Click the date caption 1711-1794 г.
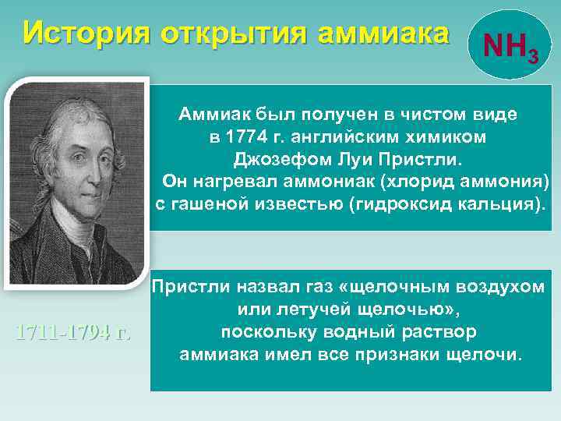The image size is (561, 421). pos(73,333)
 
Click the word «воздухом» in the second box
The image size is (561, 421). pos(498,287)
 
